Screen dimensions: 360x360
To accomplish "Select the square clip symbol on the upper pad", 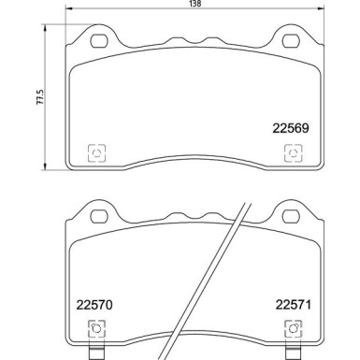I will click(95, 153).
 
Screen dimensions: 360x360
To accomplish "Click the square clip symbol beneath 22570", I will click(95, 329).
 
